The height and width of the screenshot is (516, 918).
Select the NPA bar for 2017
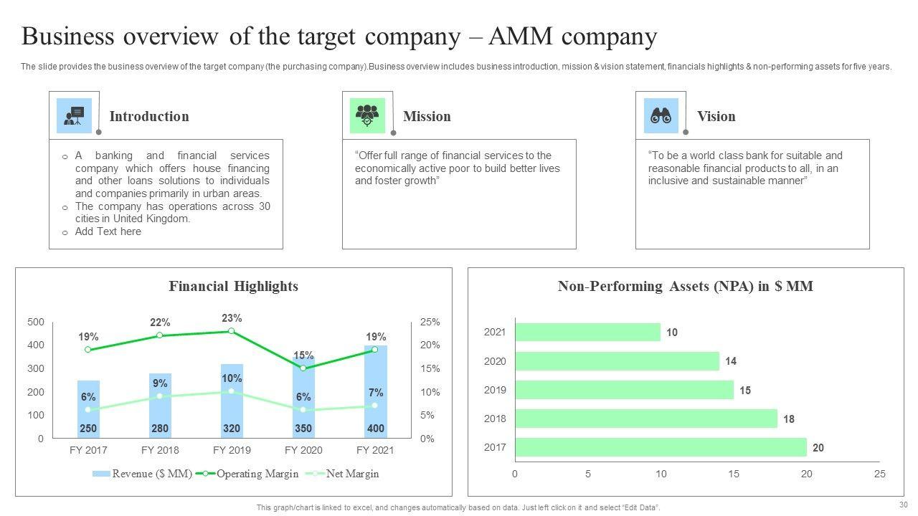pyautogui.click(x=660, y=447)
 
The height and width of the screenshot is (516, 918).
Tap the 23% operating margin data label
pyautogui.click(x=232, y=318)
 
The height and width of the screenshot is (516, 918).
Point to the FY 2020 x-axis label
pyautogui.click(x=303, y=450)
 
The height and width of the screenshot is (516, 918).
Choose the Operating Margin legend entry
pyautogui.click(x=247, y=474)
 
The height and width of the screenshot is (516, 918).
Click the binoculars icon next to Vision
pyautogui.click(x=661, y=116)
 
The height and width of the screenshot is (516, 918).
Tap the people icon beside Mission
pyautogui.click(x=367, y=116)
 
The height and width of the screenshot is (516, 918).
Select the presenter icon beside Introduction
pyautogui.click(x=74, y=116)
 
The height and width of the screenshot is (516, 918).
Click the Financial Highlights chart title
pyautogui.click(x=233, y=286)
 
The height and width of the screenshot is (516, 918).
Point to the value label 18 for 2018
pyautogui.click(x=789, y=419)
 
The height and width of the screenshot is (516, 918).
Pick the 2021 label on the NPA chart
pyautogui.click(x=495, y=332)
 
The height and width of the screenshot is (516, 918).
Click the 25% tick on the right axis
pyautogui.click(x=430, y=322)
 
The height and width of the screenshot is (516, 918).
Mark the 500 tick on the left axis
pyautogui.click(x=36, y=322)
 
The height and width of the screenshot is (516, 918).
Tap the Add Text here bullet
pyautogui.click(x=108, y=231)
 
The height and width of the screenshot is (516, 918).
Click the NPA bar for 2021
pyautogui.click(x=587, y=332)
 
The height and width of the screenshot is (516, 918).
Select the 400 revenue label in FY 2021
pyautogui.click(x=375, y=429)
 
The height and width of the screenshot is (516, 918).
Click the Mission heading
pyautogui.click(x=427, y=116)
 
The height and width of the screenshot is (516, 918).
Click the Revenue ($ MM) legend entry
pyautogui.click(x=143, y=474)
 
